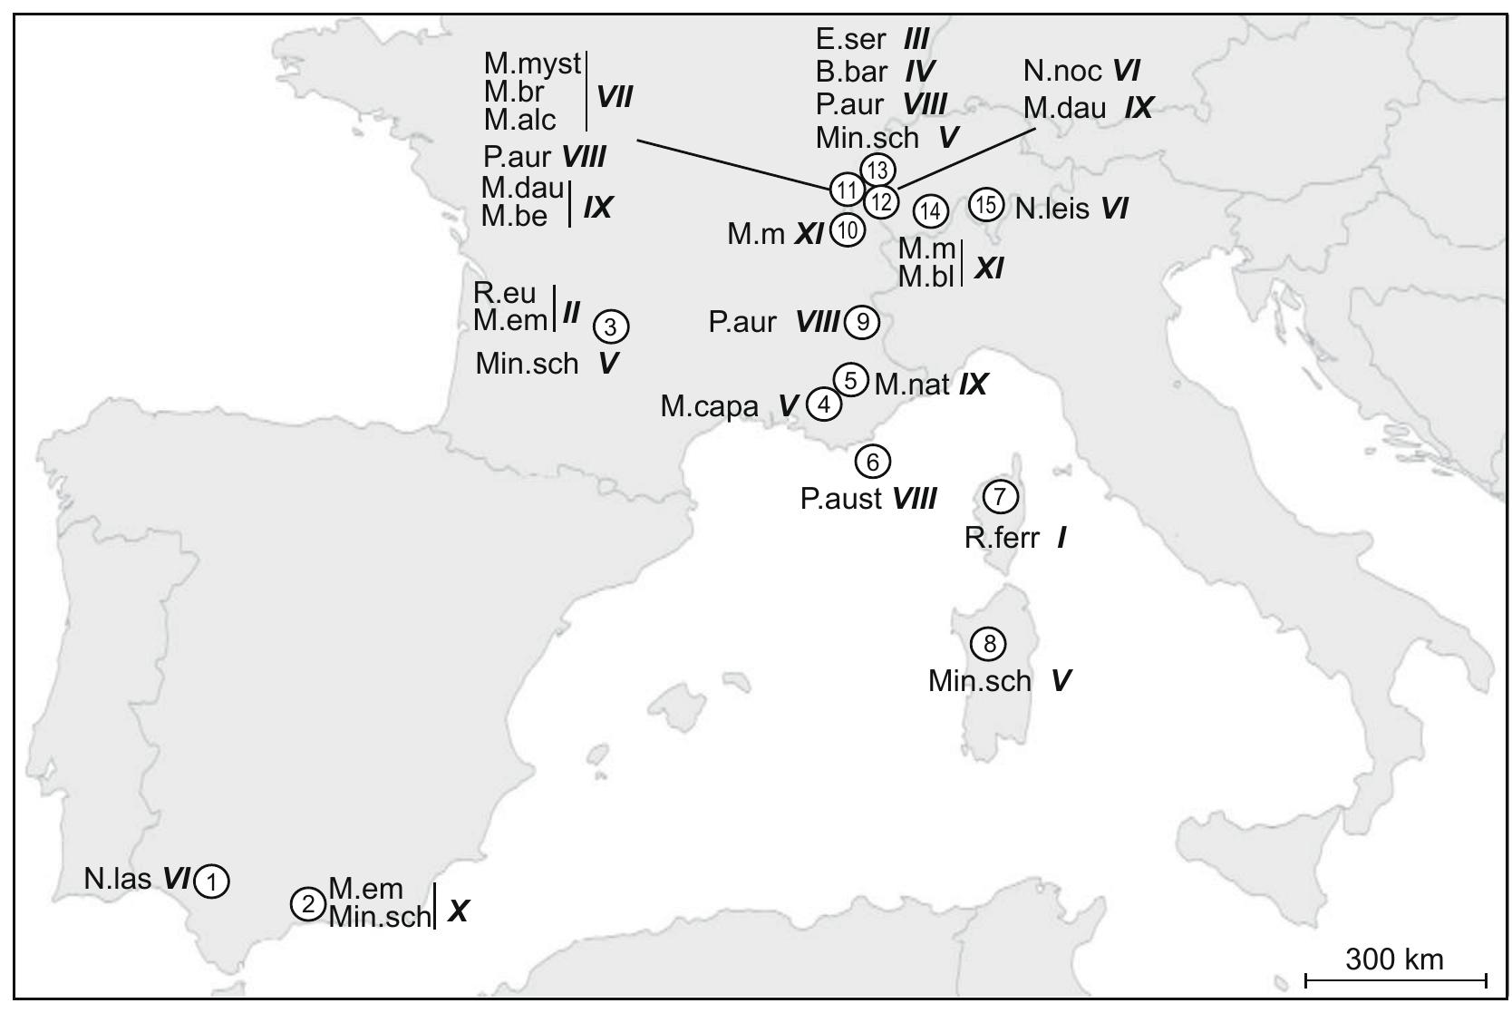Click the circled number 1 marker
coord(211,881)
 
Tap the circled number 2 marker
coord(308,904)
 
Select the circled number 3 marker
coord(611,326)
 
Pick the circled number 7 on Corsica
coord(1001,496)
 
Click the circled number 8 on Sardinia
coord(988,644)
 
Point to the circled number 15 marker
coord(986,206)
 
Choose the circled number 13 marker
coord(877,170)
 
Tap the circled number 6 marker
coord(873,462)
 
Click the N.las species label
coord(118,879)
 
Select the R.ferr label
coord(1002,539)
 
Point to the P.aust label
coord(841,498)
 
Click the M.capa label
coord(709,406)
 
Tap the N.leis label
coord(1052,209)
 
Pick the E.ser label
coord(850,39)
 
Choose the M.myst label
coord(532,63)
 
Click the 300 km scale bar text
coord(1394,959)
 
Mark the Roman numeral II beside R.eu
coord(571,314)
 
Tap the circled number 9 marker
coord(862,322)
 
